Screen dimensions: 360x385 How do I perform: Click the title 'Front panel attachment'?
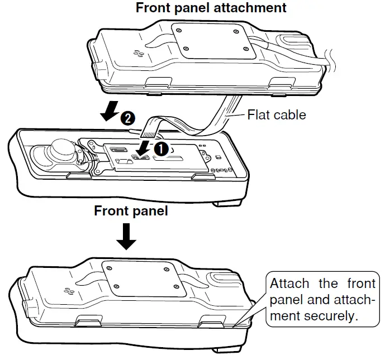(x=211, y=8)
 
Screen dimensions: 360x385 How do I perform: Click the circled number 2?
(x=127, y=118)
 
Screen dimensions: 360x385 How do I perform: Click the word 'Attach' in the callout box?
(x=288, y=283)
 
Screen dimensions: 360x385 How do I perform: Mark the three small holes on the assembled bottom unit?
(x=69, y=291)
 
